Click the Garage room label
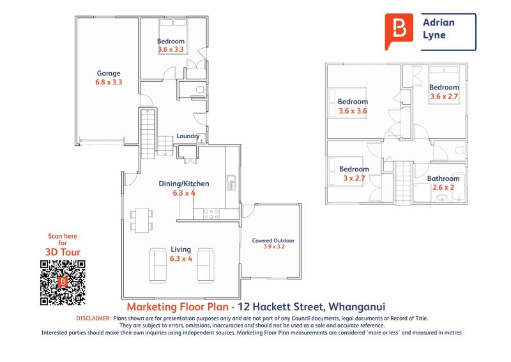(x=109, y=73)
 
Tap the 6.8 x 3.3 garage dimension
(x=109, y=82)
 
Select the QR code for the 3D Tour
(x=63, y=283)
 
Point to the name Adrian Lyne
(x=439, y=29)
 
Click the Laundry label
(x=188, y=136)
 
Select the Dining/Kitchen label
(x=184, y=184)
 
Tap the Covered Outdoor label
(x=273, y=240)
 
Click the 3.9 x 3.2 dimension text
(x=273, y=247)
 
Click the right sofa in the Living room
(x=205, y=265)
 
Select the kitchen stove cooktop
(x=211, y=214)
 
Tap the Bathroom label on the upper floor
(x=443, y=178)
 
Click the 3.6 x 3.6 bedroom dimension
(x=353, y=111)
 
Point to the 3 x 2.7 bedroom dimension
(x=353, y=178)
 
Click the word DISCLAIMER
(x=93, y=318)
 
